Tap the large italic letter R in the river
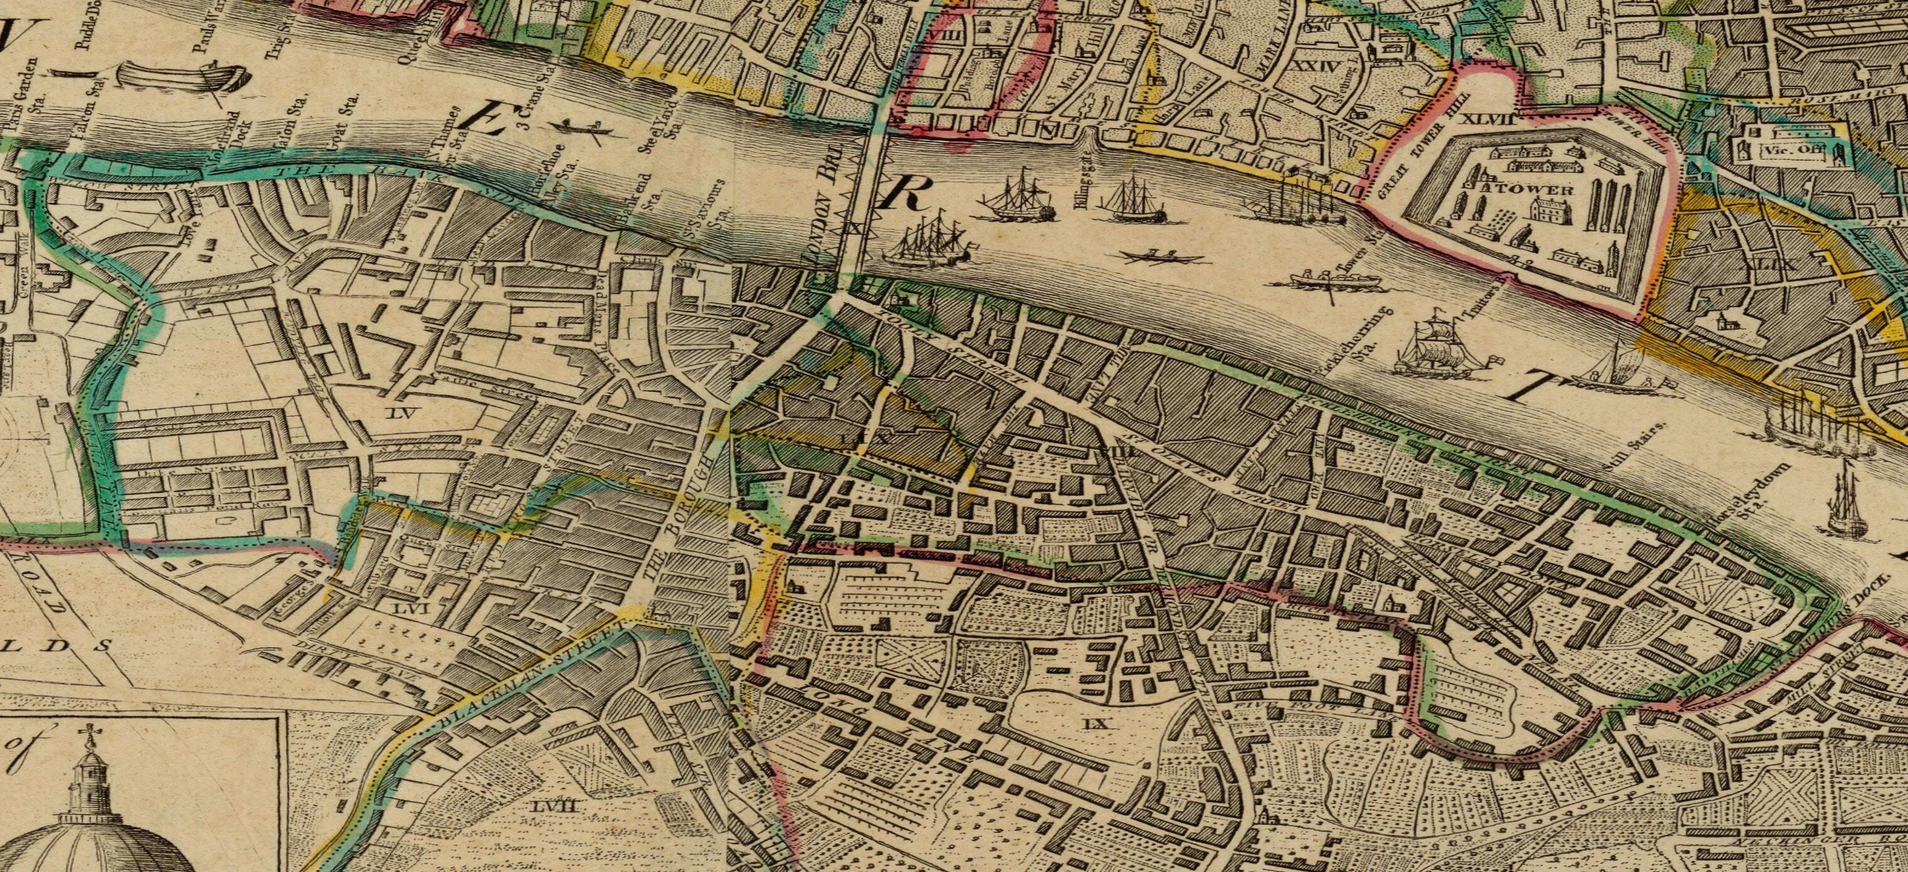pos(903,194)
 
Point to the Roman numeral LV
pos(406,413)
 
